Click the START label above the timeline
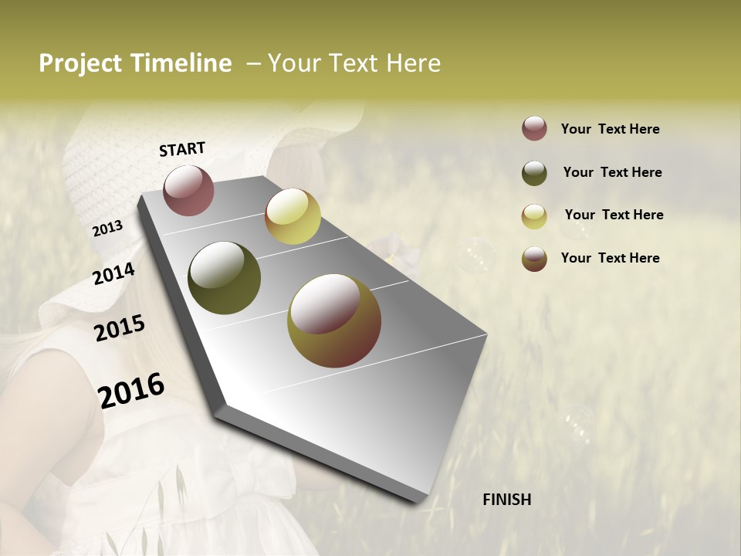tap(182, 149)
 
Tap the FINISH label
tap(506, 500)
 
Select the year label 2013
tap(107, 229)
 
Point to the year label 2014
tap(113, 273)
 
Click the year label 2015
tap(119, 328)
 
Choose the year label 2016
tap(131, 390)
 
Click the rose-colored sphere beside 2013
tap(188, 190)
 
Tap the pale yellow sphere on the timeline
tap(293, 216)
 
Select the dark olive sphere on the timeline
tap(224, 278)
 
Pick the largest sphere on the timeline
tap(334, 320)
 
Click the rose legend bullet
tap(534, 129)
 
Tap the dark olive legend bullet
tap(534, 173)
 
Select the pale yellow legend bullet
tap(534, 216)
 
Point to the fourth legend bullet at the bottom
tap(534, 259)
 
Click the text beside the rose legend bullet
tap(610, 129)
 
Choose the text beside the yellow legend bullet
tap(614, 215)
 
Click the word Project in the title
tap(80, 63)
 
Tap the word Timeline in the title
tap(181, 63)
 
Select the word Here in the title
tap(413, 63)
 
